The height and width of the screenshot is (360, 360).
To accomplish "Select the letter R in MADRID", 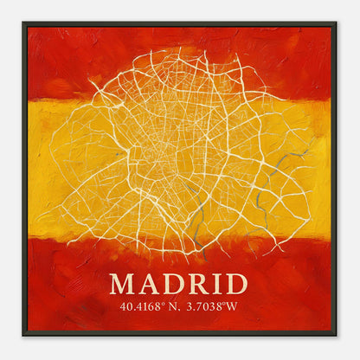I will pyautogui.click(x=196, y=285).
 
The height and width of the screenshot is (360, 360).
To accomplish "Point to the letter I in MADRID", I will pyautogui.click(x=216, y=285).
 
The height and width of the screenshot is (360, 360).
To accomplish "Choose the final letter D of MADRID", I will pyautogui.click(x=235, y=285).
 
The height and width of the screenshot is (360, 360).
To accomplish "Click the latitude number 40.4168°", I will pyautogui.click(x=142, y=305).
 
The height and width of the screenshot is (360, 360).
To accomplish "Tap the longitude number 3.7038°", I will pyautogui.click(x=205, y=305).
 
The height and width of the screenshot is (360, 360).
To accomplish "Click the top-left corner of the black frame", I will pyautogui.click(x=23, y=23).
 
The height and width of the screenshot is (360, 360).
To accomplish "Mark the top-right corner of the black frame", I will pyautogui.click(x=336, y=23).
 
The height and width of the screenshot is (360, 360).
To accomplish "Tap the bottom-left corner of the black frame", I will pyautogui.click(x=23, y=336).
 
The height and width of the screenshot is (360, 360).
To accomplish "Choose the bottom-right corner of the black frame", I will pyautogui.click(x=336, y=336).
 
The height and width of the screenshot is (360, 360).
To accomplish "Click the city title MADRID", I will pyautogui.click(x=179, y=285).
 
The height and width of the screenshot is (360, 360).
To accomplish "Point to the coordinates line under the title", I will pyautogui.click(x=179, y=305).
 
